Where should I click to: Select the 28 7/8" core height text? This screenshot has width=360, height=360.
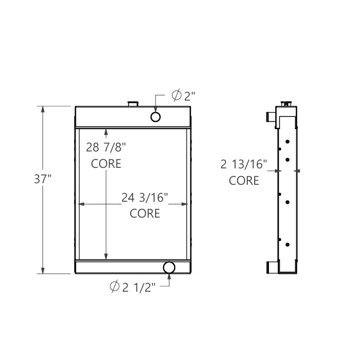click(107, 146)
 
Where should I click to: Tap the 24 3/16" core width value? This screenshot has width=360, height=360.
click(145, 198)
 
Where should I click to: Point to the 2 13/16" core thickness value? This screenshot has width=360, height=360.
click(244, 165)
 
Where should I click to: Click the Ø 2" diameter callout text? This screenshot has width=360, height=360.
click(184, 96)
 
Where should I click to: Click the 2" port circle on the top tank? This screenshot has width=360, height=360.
click(156, 116)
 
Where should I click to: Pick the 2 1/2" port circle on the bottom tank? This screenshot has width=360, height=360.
click(169, 267)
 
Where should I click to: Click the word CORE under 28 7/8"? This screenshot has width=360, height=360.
click(106, 163)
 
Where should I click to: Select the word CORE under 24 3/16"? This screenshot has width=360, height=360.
click(145, 213)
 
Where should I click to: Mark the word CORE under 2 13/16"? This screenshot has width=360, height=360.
click(244, 181)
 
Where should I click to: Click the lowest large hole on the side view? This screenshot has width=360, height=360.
click(287, 244)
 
